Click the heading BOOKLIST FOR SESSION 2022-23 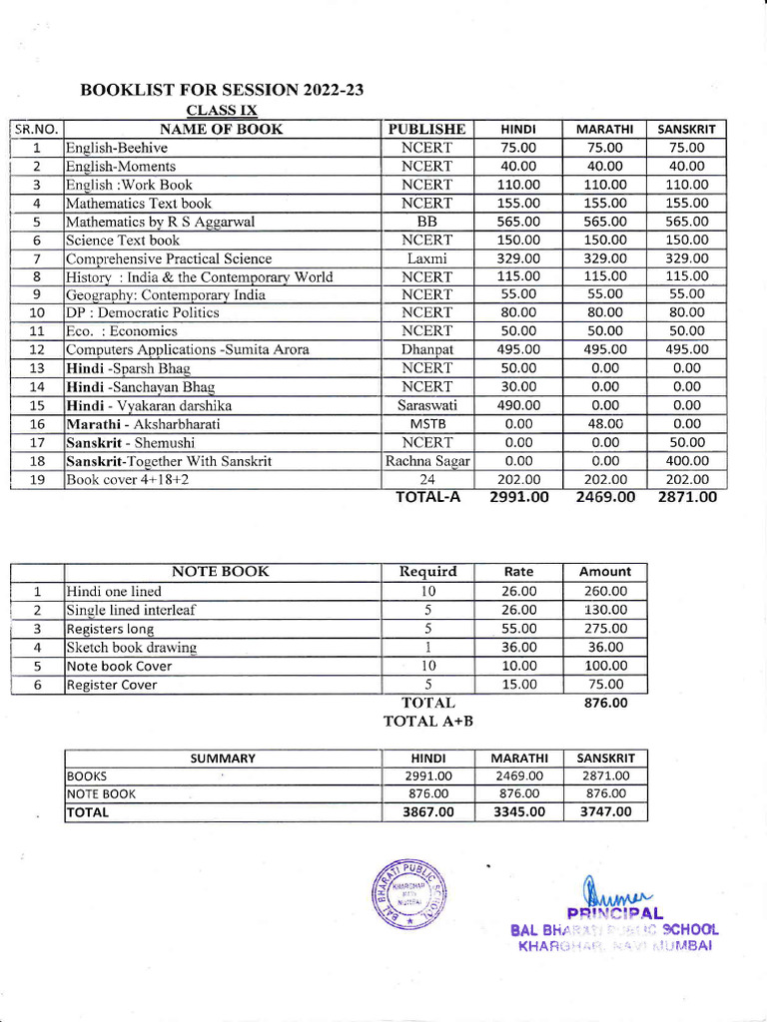point(221,90)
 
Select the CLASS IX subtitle point(222,109)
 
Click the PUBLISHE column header point(426,129)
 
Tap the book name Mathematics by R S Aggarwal point(160,222)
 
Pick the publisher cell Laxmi point(426,258)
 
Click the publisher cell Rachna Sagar point(427,461)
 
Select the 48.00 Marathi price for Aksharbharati point(605,423)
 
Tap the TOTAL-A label point(428,496)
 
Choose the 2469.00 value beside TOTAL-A point(605,497)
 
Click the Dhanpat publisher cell point(426,349)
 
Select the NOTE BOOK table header point(221,572)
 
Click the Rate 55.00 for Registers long point(519,629)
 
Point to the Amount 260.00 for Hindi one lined point(605,591)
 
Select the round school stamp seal point(409,893)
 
